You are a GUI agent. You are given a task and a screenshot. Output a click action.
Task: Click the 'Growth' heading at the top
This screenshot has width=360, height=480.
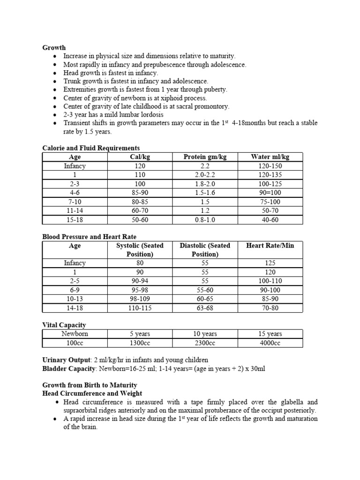tap(54, 47)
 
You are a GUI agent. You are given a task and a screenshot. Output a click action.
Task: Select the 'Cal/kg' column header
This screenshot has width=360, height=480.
tap(140, 157)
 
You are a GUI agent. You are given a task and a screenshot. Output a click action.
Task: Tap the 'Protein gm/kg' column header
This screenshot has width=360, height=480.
tap(205, 157)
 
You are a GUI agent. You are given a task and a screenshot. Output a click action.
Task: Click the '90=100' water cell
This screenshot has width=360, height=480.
tap(270, 193)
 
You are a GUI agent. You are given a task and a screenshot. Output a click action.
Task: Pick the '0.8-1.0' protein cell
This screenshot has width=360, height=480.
tap(205, 220)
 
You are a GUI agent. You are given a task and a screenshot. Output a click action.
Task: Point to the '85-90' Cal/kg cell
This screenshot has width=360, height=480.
tap(140, 193)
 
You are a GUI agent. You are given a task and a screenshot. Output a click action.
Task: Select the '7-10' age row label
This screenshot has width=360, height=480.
tap(75, 202)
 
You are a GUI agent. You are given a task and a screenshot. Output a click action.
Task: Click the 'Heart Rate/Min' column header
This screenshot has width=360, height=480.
tap(270, 246)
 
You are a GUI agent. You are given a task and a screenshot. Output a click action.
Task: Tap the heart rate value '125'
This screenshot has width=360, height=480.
tap(270, 263)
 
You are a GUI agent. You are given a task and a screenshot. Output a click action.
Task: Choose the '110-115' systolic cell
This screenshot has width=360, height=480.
tap(140, 308)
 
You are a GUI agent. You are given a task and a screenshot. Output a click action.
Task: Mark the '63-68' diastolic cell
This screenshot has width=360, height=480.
tap(205, 308)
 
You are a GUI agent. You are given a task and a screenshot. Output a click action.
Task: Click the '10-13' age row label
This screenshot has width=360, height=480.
tap(75, 299)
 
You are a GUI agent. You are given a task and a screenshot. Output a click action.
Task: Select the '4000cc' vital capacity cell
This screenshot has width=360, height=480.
tap(270, 343)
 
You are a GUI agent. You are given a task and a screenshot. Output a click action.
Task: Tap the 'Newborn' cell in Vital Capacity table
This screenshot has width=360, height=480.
tap(75, 334)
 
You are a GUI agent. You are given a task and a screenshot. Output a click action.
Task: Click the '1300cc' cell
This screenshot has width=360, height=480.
tap(140, 343)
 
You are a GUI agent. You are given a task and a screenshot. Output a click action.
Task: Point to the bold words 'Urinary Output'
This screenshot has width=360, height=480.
tap(66, 360)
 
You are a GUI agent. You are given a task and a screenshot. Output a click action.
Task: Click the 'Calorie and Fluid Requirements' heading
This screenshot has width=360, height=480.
tap(91, 148)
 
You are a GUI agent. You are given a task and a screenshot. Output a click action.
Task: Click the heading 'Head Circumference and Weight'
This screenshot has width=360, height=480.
tap(92, 393)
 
